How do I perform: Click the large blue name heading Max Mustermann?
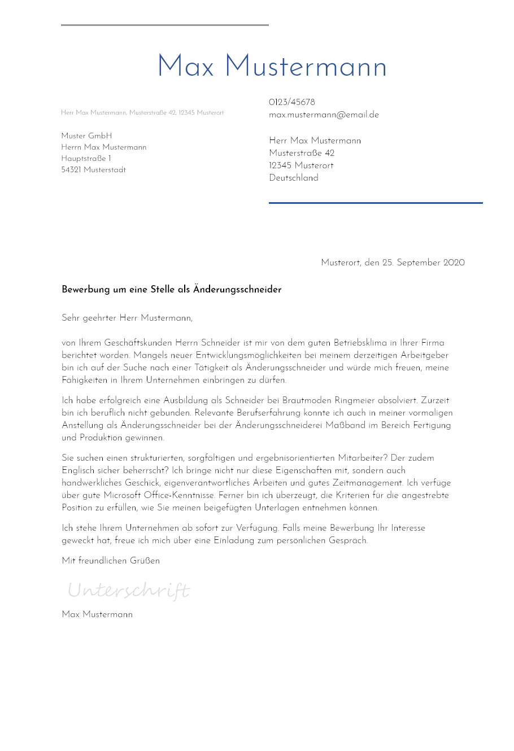coord(272,67)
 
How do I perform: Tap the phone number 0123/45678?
coord(292,102)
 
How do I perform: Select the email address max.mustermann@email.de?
coord(324,115)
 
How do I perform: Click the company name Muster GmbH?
coord(86,136)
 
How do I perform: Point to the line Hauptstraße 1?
coord(86,159)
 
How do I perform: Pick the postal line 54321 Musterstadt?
coord(93,170)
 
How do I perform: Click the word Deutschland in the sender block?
coord(294,178)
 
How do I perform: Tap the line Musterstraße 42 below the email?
coord(302,153)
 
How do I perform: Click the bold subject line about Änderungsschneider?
coord(171,290)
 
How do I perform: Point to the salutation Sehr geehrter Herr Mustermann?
coord(127,318)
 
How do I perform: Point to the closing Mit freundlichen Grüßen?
coord(111,561)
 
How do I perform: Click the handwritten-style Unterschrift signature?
coord(129,591)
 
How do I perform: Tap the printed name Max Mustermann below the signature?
coord(97,614)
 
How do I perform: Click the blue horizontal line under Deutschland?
coord(376,203)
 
